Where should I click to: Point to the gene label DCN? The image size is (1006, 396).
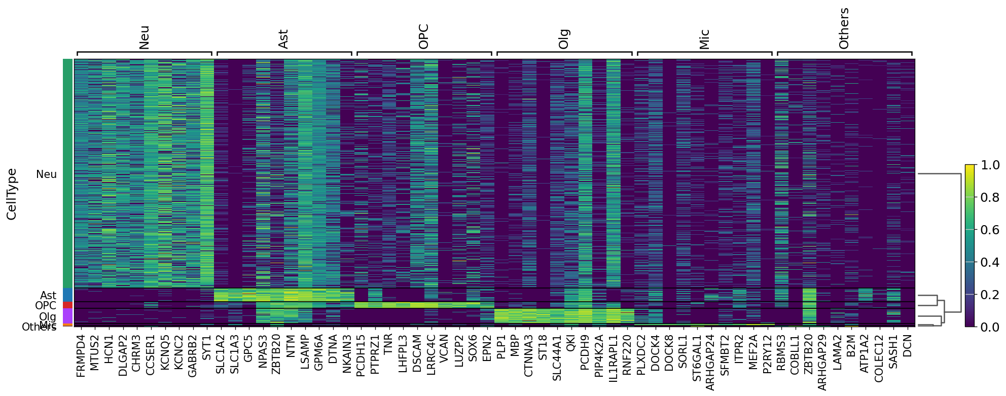coord(908,346)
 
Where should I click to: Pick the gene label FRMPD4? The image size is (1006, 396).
coord(81,355)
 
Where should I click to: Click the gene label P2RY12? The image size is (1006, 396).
coord(767,354)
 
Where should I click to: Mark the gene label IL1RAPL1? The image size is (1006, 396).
coord(613,358)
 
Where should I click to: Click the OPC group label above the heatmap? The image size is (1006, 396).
coord(424,37)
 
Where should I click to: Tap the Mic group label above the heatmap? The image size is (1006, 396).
coord(704,39)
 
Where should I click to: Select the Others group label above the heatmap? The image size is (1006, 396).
coord(844,28)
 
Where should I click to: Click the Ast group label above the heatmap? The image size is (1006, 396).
coord(283,39)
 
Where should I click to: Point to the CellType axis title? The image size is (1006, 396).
coord(12,194)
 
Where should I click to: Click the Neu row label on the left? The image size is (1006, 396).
coord(47,174)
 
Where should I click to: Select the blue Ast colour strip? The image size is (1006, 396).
coord(67,295)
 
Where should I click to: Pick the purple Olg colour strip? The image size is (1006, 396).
coord(67,315)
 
